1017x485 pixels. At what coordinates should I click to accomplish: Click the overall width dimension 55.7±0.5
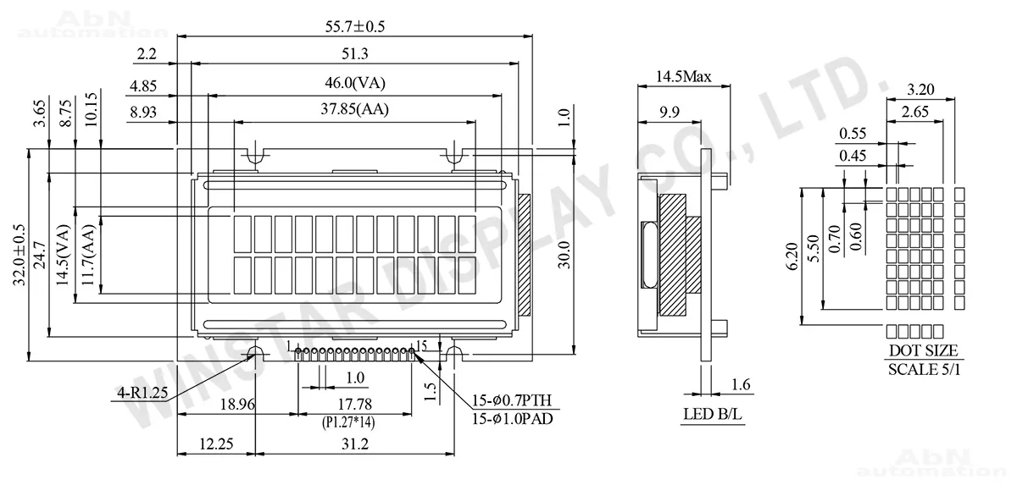tap(354, 26)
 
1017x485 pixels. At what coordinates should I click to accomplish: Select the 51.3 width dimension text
tap(354, 54)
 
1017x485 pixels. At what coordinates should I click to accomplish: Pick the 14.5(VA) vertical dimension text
tap(63, 256)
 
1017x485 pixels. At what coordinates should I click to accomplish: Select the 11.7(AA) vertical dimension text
tap(88, 256)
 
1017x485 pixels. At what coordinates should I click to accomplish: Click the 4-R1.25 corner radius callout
tap(143, 393)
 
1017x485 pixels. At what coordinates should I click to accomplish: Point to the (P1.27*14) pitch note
tap(356, 421)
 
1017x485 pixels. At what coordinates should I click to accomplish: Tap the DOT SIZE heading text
tap(923, 350)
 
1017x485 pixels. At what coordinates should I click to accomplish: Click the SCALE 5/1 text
tap(923, 369)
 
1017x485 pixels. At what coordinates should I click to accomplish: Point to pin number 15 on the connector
tap(421, 346)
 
